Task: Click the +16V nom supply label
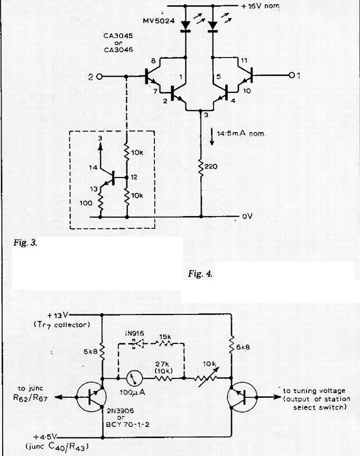(x=261, y=6)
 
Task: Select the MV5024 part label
(x=159, y=21)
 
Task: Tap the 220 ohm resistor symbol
(x=201, y=166)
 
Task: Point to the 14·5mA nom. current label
(x=241, y=134)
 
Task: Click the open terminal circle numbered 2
(x=99, y=77)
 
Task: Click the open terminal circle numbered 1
(x=292, y=76)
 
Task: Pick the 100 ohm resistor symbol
(x=100, y=203)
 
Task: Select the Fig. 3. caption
(x=25, y=243)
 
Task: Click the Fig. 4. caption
(x=200, y=273)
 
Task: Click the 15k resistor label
(x=165, y=337)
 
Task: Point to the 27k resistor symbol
(x=163, y=378)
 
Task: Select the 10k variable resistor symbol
(x=208, y=377)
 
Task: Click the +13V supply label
(x=58, y=315)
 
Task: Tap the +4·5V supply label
(x=45, y=437)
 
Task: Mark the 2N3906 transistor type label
(x=120, y=411)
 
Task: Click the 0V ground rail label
(x=247, y=216)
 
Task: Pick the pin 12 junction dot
(x=126, y=178)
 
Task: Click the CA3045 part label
(x=118, y=36)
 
